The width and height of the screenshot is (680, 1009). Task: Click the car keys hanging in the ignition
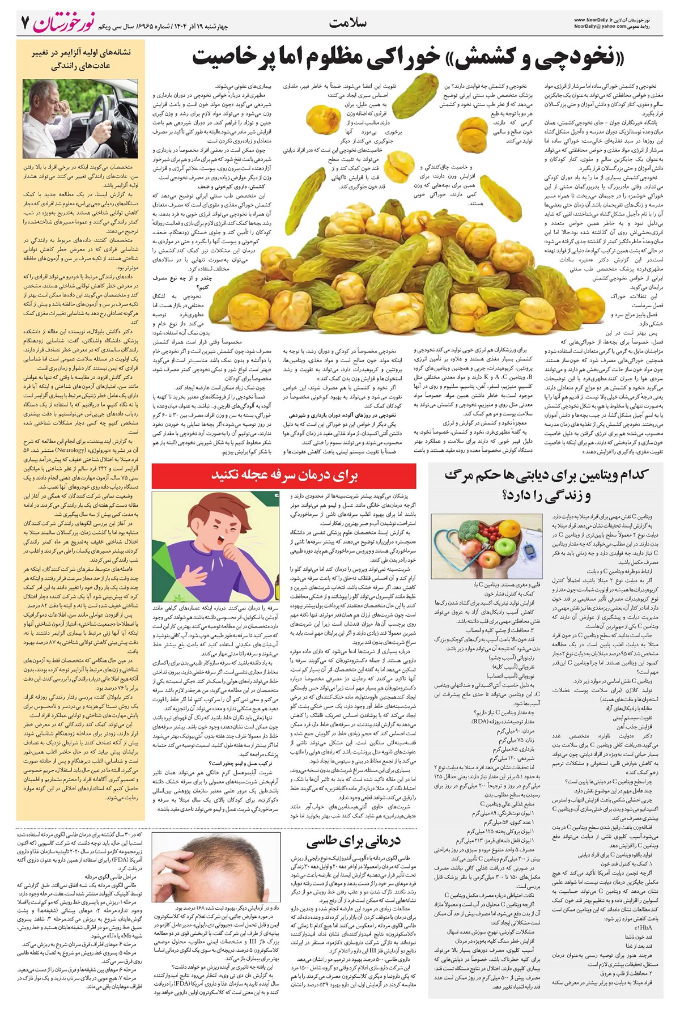click(117, 139)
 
